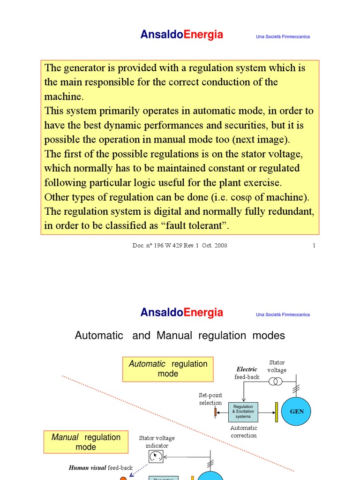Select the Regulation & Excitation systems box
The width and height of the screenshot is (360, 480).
243,412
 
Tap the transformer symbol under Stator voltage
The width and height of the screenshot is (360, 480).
276,382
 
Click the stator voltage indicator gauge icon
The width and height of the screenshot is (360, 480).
156,456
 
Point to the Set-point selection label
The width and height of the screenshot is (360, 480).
210,399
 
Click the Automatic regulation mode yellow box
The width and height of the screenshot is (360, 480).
168,369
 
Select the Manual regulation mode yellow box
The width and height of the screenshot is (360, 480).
86,442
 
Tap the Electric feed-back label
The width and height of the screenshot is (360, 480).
247,373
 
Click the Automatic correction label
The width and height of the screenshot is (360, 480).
244,432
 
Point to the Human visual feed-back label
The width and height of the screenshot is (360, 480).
101,468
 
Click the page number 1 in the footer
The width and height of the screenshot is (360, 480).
314,245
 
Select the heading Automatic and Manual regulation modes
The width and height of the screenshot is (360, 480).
180,336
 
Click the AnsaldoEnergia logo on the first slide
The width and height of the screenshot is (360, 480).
182,35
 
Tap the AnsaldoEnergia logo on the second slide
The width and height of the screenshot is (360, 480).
182,313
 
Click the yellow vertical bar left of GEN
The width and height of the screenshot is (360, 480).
277,412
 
